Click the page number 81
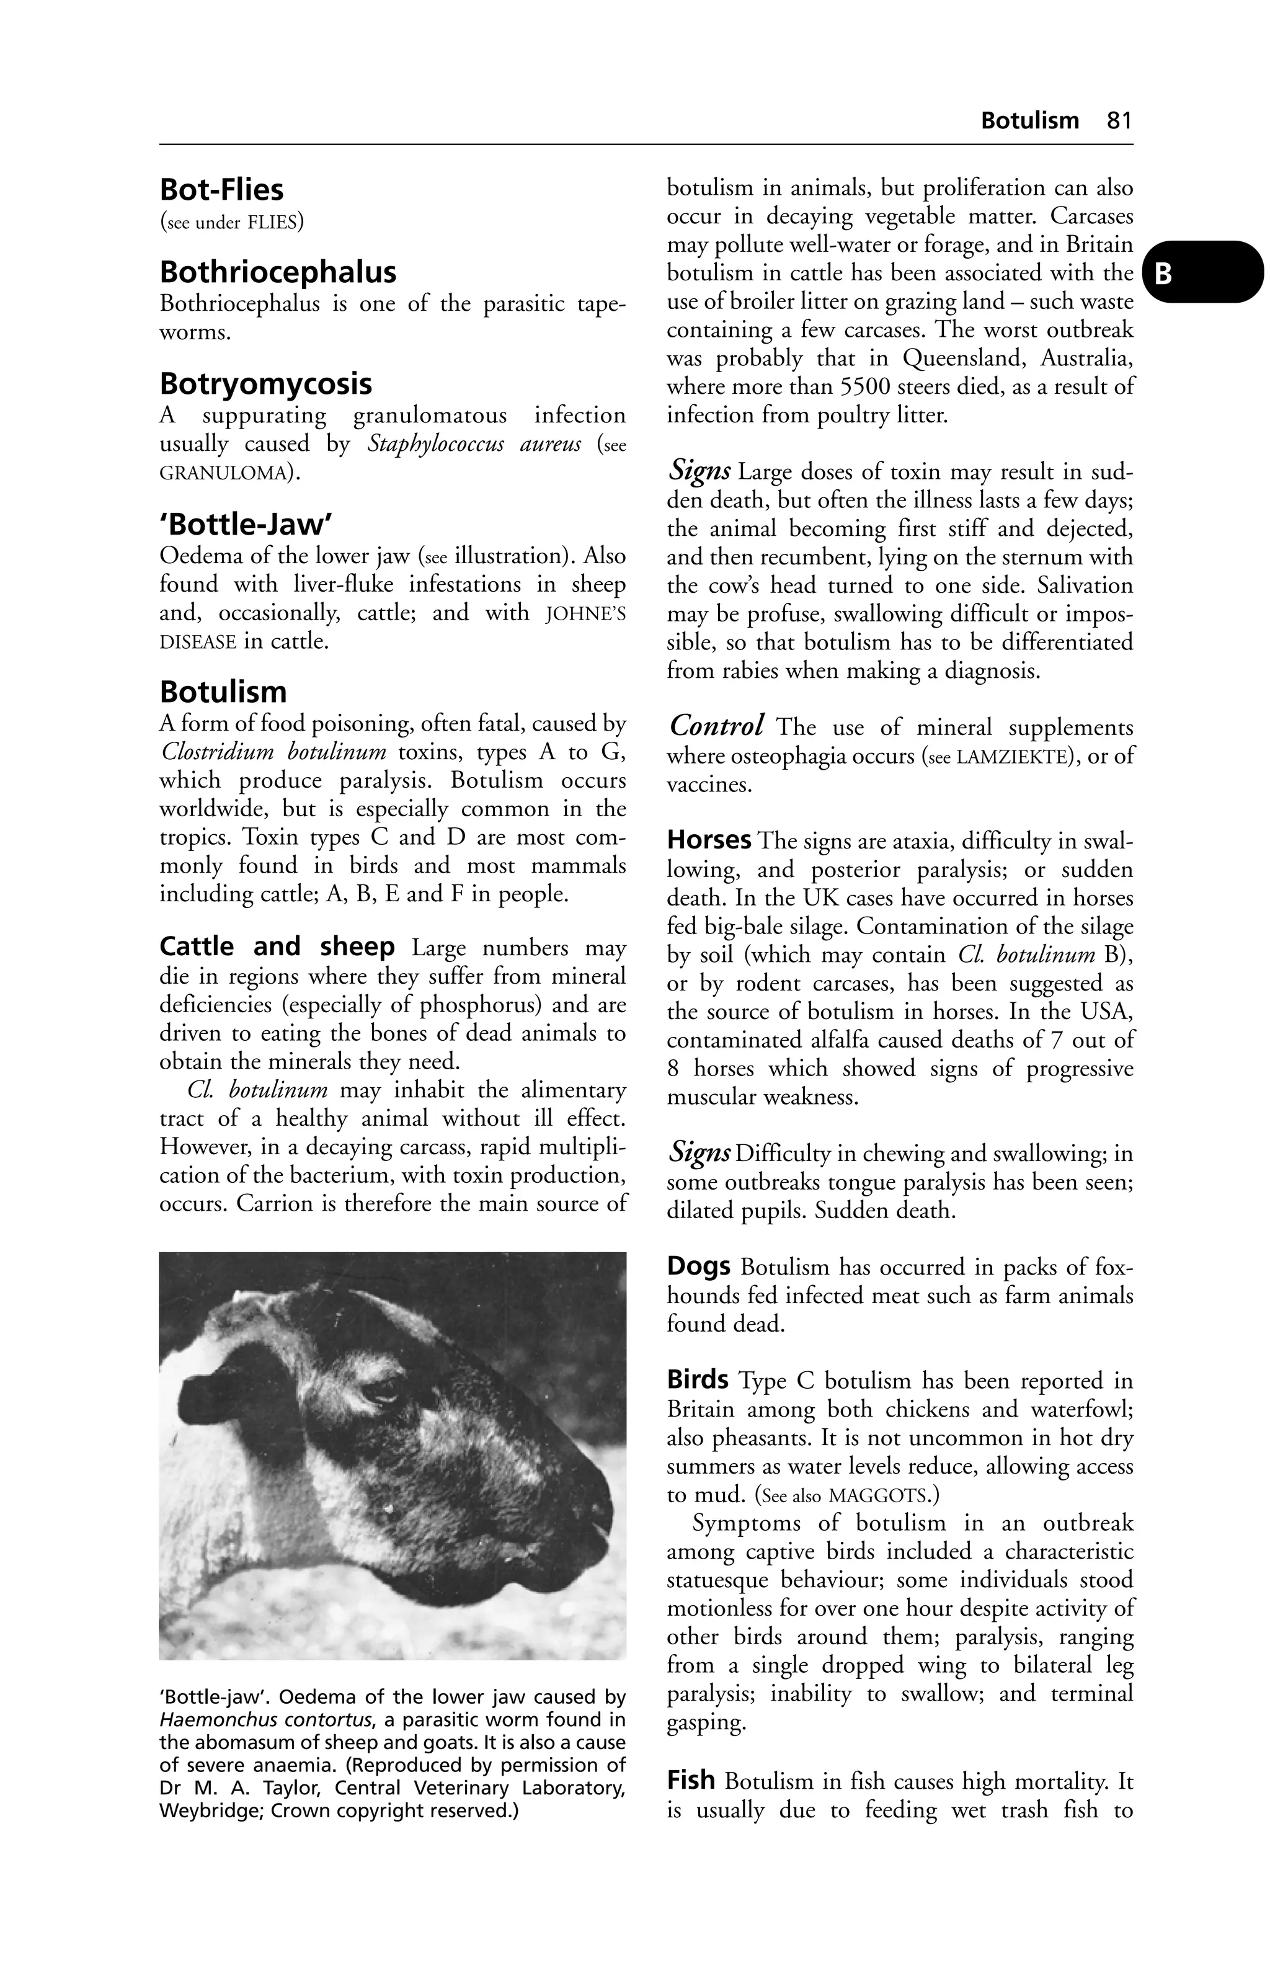[1119, 120]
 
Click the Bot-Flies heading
[221, 190]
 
